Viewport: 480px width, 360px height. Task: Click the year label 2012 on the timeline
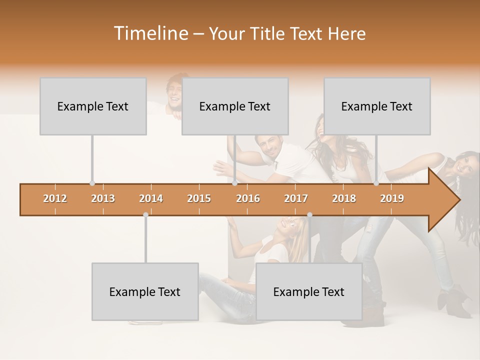tap(55, 198)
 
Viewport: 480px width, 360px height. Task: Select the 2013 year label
tap(103, 198)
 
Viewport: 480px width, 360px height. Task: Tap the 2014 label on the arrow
tap(151, 198)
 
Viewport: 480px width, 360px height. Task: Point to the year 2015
tap(199, 198)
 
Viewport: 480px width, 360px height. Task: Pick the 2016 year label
tap(248, 198)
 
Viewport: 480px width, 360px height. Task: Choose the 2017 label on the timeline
tap(296, 198)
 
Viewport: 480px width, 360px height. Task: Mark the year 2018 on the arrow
tap(344, 198)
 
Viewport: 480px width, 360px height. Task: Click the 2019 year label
tap(392, 198)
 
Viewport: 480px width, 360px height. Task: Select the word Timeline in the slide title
tap(150, 33)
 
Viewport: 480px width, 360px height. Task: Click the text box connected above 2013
tap(93, 106)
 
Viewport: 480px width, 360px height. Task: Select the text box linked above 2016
tap(235, 106)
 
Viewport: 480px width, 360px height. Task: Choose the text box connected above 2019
tap(377, 106)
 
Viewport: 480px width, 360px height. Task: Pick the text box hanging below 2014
tap(145, 291)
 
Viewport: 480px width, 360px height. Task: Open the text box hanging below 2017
tap(309, 291)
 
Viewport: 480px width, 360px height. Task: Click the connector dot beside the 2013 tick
tap(92, 183)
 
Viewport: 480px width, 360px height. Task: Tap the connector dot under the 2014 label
tap(145, 214)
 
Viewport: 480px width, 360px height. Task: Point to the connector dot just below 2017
tap(309, 214)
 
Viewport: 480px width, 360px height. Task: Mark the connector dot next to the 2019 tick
tap(376, 183)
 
